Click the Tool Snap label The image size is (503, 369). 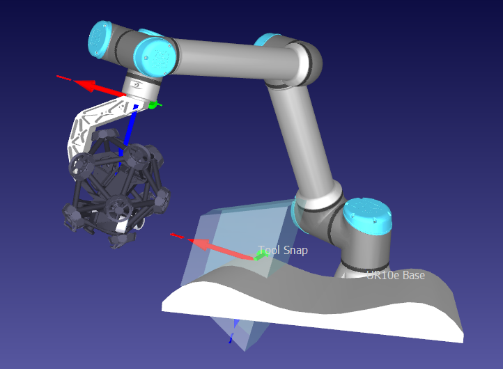[283, 250]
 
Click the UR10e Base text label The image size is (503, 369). [396, 275]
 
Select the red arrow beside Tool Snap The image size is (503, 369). [212, 246]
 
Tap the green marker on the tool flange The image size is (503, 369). [154, 104]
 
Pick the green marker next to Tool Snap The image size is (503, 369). [261, 256]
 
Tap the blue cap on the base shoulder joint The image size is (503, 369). [368, 214]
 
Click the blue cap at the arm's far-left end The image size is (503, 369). [100, 40]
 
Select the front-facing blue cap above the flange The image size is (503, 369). [155, 57]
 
